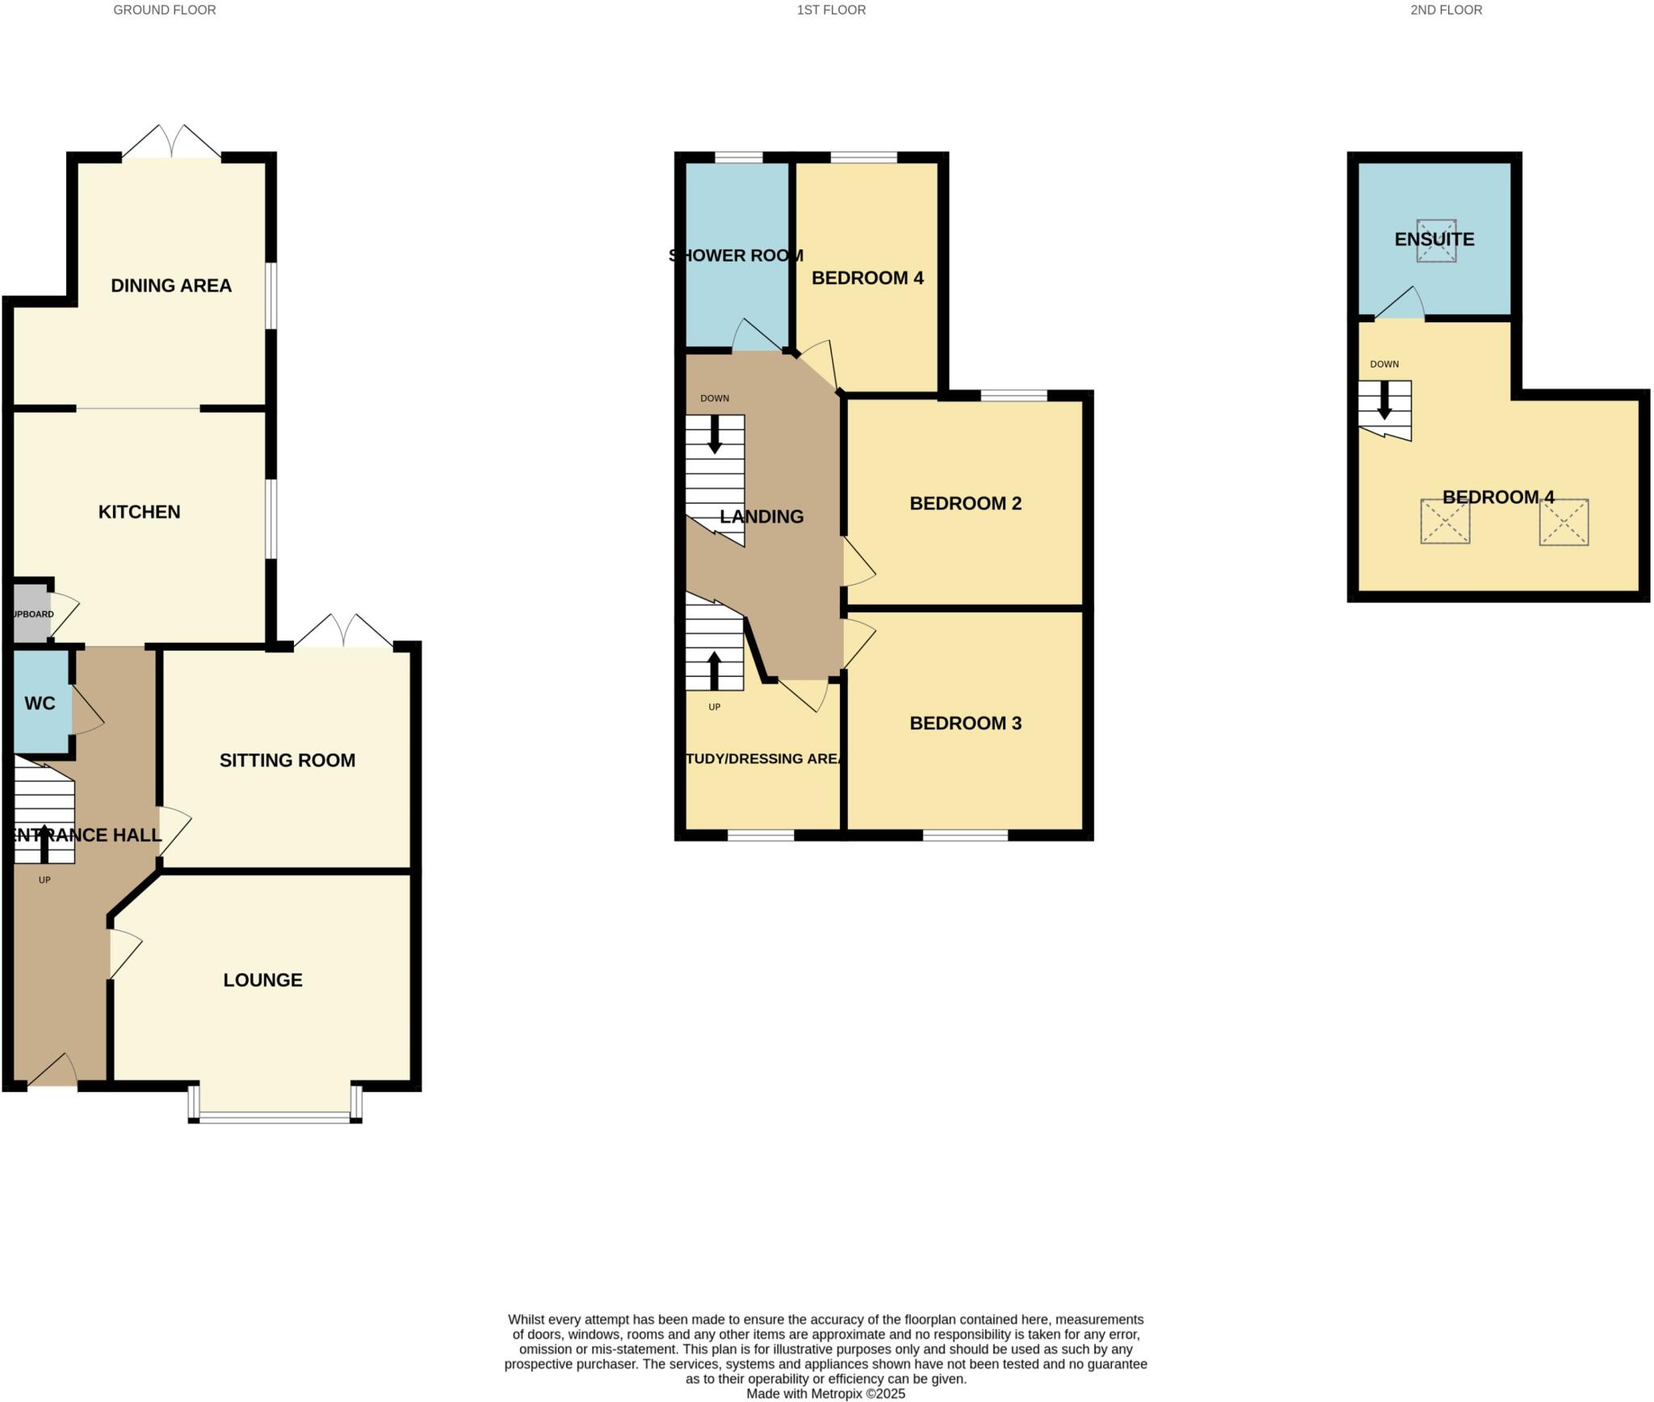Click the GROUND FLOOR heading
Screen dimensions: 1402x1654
(x=164, y=10)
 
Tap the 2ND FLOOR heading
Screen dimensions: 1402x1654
(x=1446, y=10)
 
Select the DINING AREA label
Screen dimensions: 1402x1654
(x=171, y=286)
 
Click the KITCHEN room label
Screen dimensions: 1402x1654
(x=139, y=512)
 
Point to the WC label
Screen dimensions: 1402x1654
(x=40, y=703)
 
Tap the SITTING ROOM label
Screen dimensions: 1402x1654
(x=288, y=761)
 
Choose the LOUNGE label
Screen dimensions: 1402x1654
(x=262, y=980)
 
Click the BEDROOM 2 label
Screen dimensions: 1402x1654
(x=965, y=504)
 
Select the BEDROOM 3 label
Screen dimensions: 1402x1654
(x=965, y=724)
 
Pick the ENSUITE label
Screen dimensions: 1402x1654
(x=1434, y=240)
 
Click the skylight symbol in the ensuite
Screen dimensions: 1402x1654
(x=1436, y=241)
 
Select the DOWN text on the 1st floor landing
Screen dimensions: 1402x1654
(x=714, y=398)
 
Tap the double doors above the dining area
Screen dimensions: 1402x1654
(x=171, y=144)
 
